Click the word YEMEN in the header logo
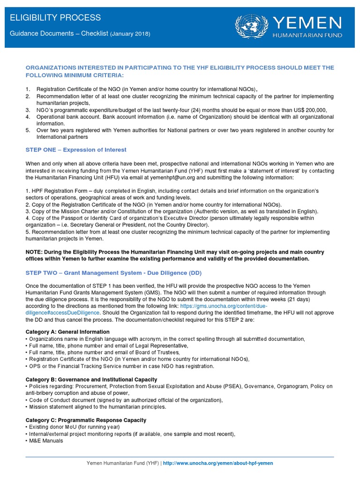click(307, 22)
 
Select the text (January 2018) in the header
click(131, 34)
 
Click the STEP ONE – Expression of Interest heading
click(76, 150)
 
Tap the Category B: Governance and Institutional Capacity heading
click(91, 379)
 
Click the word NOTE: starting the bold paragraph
click(35, 252)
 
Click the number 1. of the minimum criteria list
click(28, 90)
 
